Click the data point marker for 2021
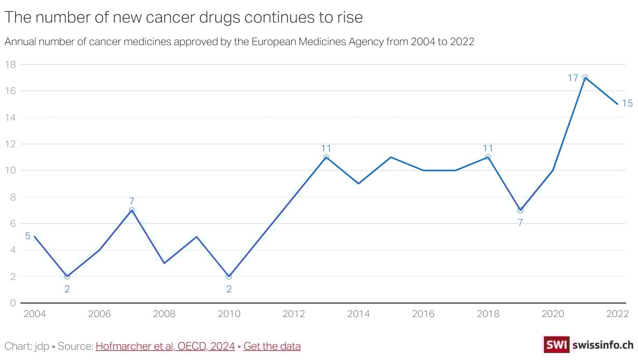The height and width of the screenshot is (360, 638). pos(585,77)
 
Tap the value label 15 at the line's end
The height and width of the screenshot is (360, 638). pos(627,103)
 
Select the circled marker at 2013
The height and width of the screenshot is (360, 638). pos(326,157)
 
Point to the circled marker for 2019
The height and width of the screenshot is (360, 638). pos(520,210)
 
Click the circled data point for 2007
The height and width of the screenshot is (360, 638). pos(132,210)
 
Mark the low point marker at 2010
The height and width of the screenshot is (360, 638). pos(229,277)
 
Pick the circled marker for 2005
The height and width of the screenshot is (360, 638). pos(67,277)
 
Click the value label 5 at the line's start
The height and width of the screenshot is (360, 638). pos(28,236)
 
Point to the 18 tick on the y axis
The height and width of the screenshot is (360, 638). pos(10,64)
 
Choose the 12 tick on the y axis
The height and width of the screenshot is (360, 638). pos(10,144)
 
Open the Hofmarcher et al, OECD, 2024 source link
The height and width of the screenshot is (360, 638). pos(165,346)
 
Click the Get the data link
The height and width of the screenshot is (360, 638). pos(272,346)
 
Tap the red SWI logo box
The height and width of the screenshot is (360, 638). pos(556,345)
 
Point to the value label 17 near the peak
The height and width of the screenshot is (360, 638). pos(573,78)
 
